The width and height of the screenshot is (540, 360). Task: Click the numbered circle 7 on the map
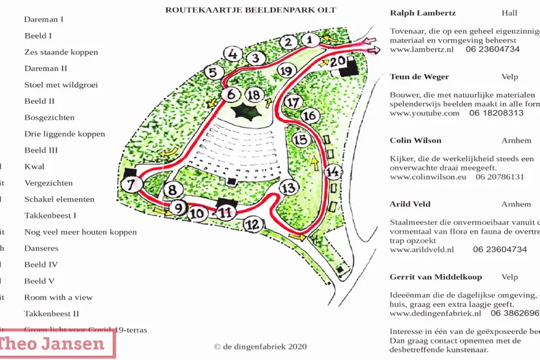pyautogui.click(x=132, y=185)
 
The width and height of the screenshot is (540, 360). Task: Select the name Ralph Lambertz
pyautogui.click(x=423, y=13)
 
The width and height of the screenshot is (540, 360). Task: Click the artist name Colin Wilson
pyautogui.click(x=415, y=140)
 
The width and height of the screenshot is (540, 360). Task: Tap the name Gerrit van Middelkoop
pyautogui.click(x=436, y=277)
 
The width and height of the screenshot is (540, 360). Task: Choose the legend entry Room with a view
pyautogui.click(x=59, y=297)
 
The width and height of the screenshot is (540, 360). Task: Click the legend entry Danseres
pyautogui.click(x=41, y=248)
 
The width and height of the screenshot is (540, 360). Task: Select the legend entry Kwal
pyautogui.click(x=35, y=167)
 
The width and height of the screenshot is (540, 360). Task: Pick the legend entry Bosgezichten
pyautogui.click(x=50, y=118)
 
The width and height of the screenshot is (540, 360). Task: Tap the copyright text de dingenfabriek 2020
pyautogui.click(x=260, y=346)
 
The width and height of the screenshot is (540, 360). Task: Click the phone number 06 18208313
pyautogui.click(x=496, y=113)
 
